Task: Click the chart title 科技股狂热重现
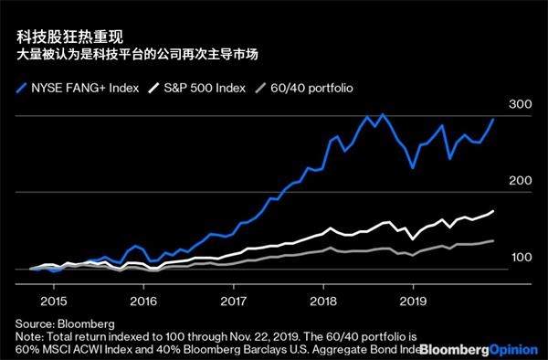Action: (x=70, y=37)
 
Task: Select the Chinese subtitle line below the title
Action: (x=137, y=55)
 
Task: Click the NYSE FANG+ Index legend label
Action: (x=85, y=88)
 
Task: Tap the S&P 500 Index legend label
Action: (x=205, y=88)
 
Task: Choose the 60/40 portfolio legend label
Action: (x=311, y=88)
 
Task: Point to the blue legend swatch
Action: (x=21, y=88)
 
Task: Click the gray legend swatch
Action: (x=260, y=88)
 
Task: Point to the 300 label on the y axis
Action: (x=520, y=104)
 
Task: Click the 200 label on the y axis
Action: (x=520, y=181)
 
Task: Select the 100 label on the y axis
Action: (x=522, y=258)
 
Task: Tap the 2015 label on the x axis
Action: (x=54, y=302)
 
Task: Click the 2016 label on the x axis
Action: (x=143, y=302)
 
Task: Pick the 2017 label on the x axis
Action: (x=234, y=302)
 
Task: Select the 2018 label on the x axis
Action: (x=323, y=302)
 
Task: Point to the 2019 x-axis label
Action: (x=413, y=302)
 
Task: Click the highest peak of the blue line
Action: (x=383, y=114)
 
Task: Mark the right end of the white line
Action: (x=493, y=211)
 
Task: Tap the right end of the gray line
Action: (x=493, y=240)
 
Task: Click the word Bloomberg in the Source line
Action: (x=86, y=324)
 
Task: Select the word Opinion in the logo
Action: (x=513, y=350)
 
